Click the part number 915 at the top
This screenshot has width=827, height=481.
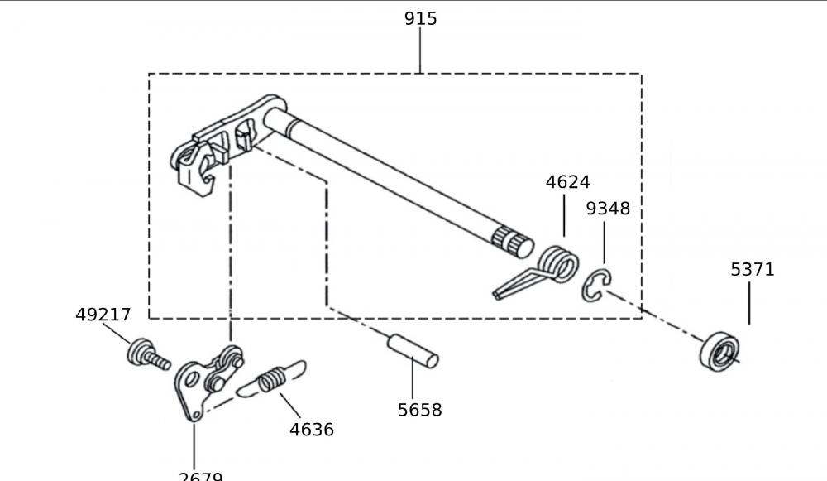coord(420,18)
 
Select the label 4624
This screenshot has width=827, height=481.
coord(567,182)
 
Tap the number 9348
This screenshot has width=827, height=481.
coord(608,209)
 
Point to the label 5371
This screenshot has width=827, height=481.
coord(752,269)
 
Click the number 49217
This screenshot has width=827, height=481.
coord(103,315)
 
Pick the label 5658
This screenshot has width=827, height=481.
coord(419,410)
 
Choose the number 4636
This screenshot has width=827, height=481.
coord(312,430)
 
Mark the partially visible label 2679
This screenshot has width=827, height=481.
coord(201,476)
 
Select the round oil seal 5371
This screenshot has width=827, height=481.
coord(719,351)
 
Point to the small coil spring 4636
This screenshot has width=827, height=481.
coord(271,382)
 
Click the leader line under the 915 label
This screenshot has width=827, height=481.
coord(420,51)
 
